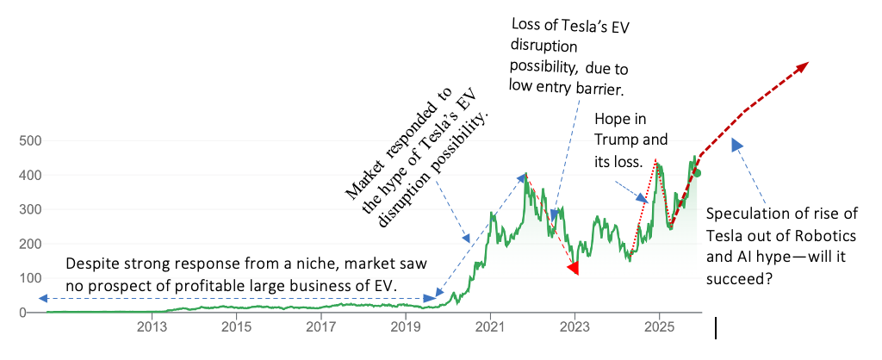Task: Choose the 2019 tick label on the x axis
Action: pos(405,326)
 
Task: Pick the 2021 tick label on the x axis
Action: pos(490,326)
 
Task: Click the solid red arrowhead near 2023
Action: pos(573,269)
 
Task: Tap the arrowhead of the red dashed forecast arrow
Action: pos(801,66)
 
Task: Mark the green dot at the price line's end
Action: pos(698,173)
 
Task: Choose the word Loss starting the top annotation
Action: pos(524,25)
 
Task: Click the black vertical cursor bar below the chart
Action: pos(716,328)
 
